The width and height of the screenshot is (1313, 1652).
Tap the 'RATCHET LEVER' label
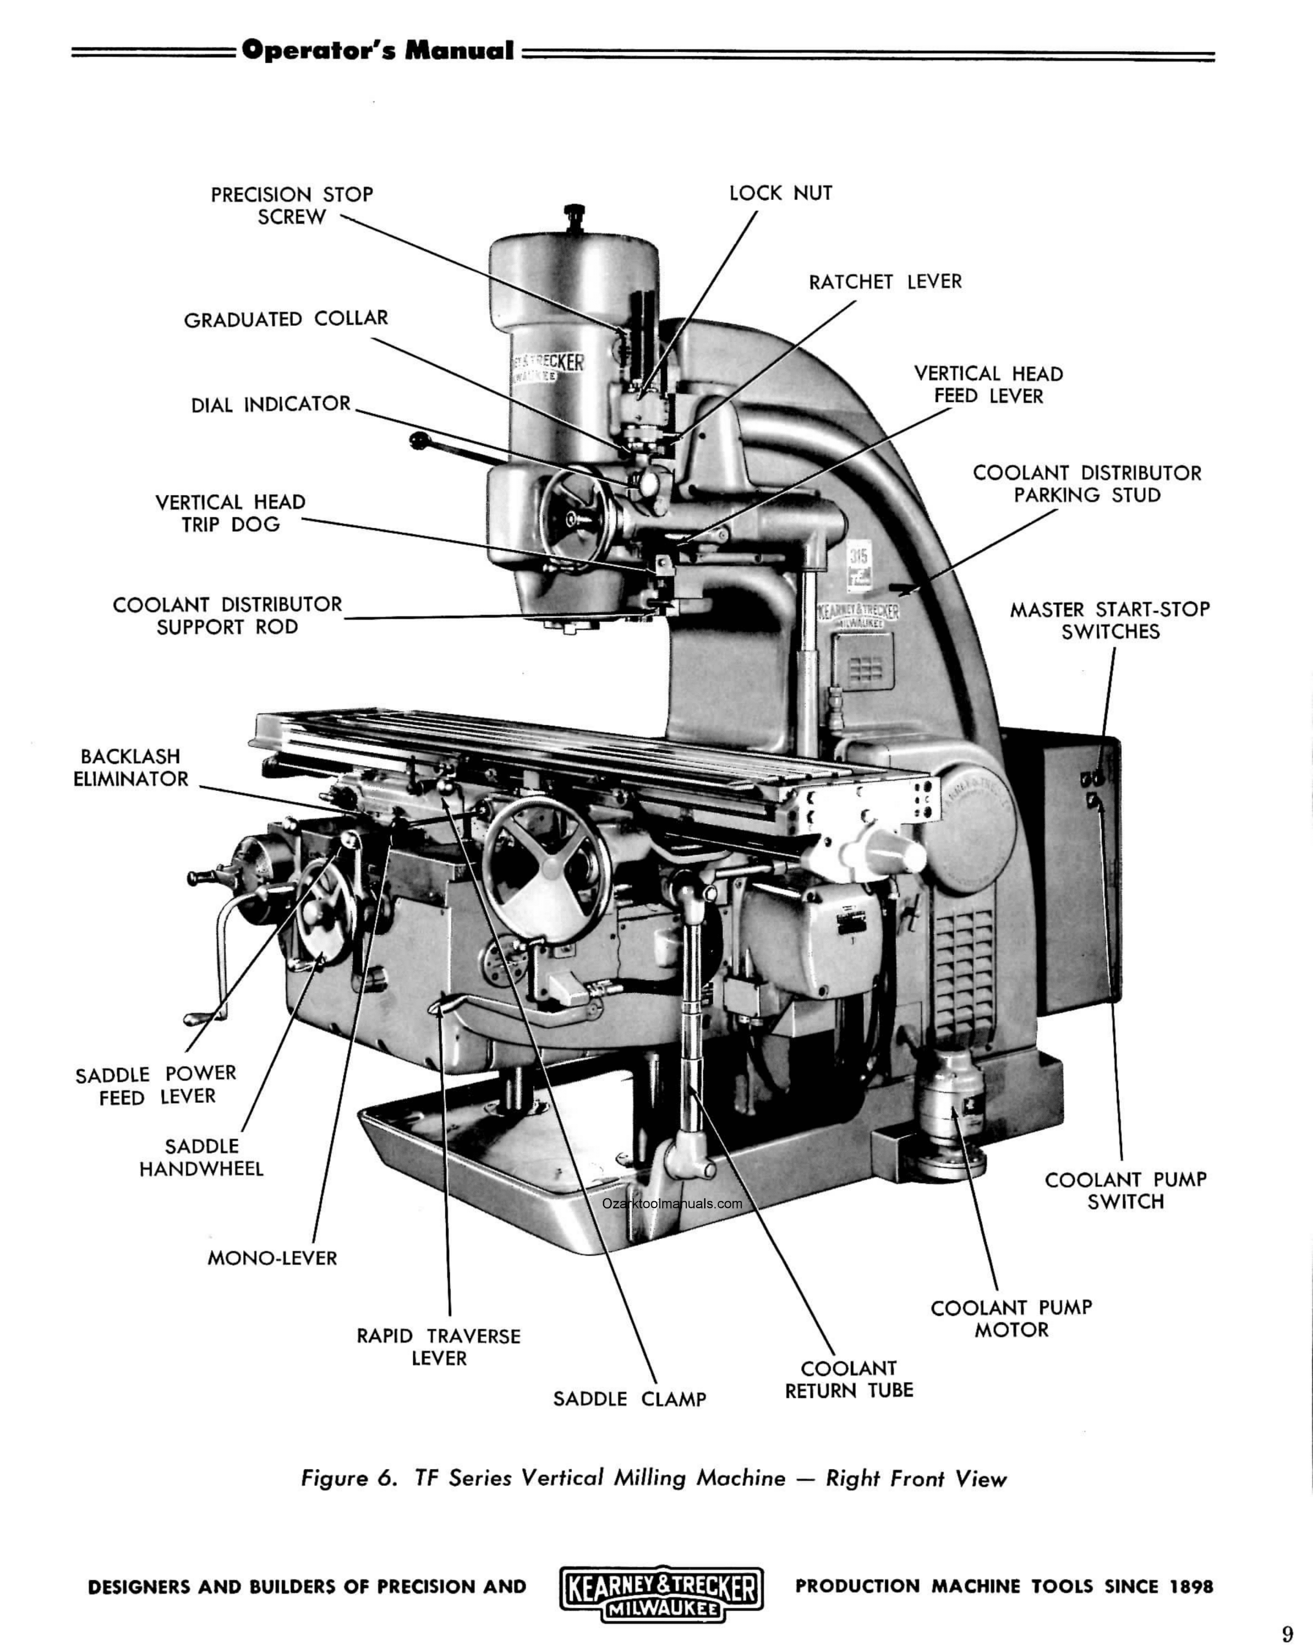tap(885, 282)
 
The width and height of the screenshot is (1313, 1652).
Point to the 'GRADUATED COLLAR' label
tap(286, 319)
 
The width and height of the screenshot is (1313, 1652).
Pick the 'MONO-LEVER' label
tap(272, 1258)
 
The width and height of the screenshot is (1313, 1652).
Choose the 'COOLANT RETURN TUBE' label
tap(849, 1379)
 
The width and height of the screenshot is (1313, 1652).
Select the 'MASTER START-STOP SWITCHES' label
tap(1109, 620)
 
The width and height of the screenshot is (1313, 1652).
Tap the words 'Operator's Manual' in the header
tap(377, 51)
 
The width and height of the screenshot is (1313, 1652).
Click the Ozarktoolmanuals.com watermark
tap(672, 1203)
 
